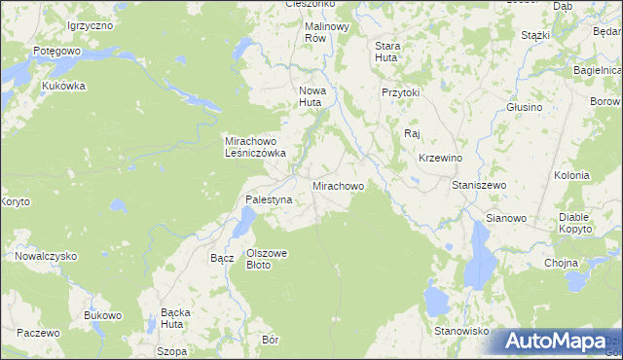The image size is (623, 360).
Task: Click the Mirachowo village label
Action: [338, 185]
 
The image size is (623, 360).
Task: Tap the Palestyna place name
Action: [269, 200]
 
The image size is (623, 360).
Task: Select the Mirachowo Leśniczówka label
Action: [254, 146]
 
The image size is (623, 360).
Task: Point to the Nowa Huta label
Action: [311, 95]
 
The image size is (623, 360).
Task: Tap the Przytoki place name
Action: [400, 92]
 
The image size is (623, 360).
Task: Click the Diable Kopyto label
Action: [576, 223]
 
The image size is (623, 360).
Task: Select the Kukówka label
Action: [64, 86]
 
